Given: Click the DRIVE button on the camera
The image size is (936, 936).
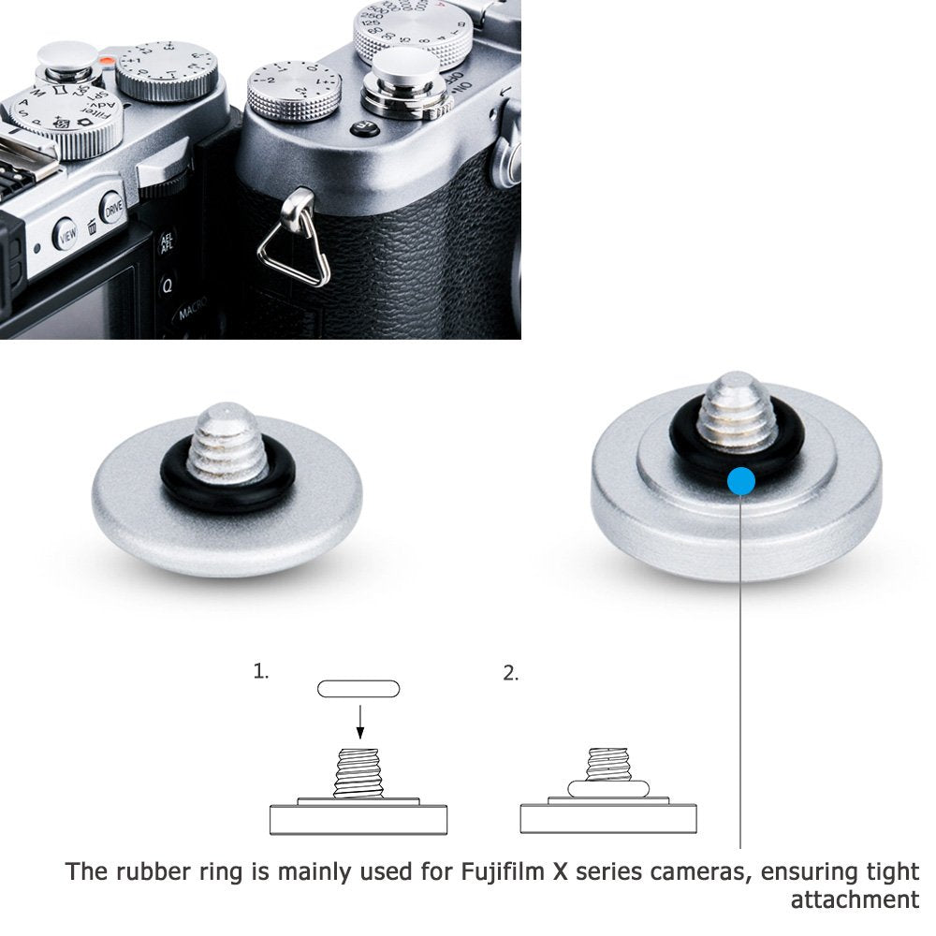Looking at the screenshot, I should point(113,209).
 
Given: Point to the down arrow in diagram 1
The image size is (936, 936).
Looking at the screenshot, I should point(358,720).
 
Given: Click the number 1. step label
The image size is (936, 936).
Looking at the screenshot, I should point(260,672).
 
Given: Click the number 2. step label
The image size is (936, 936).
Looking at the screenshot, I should point(510,673).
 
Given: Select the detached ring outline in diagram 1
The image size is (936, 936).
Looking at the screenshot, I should point(358,689).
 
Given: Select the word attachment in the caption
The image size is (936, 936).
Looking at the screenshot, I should point(855,900).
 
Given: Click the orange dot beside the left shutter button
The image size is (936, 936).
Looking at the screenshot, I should point(108,63).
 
